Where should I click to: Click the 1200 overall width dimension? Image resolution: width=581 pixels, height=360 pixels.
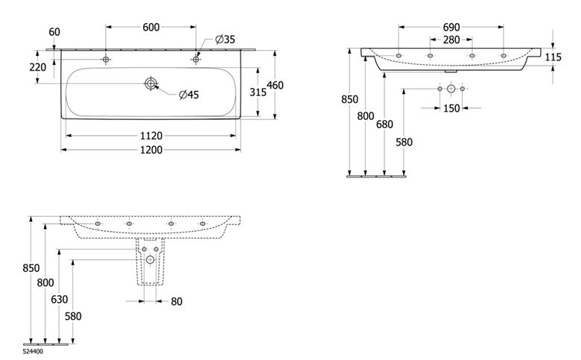(151, 150)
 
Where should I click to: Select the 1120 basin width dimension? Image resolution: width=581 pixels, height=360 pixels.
(151, 136)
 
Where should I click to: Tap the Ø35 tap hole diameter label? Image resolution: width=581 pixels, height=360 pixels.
(225, 40)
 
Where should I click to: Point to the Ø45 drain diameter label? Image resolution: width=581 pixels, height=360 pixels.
(189, 95)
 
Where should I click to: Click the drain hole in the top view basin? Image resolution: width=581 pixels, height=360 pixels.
(150, 83)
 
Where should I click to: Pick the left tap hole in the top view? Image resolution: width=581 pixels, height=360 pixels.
(106, 60)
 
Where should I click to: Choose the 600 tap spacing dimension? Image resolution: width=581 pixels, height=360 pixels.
(151, 27)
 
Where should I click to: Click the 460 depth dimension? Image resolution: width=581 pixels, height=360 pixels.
(276, 85)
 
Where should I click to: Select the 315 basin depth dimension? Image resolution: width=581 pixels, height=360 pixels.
(258, 92)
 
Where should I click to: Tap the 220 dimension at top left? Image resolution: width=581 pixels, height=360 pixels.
(38, 67)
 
